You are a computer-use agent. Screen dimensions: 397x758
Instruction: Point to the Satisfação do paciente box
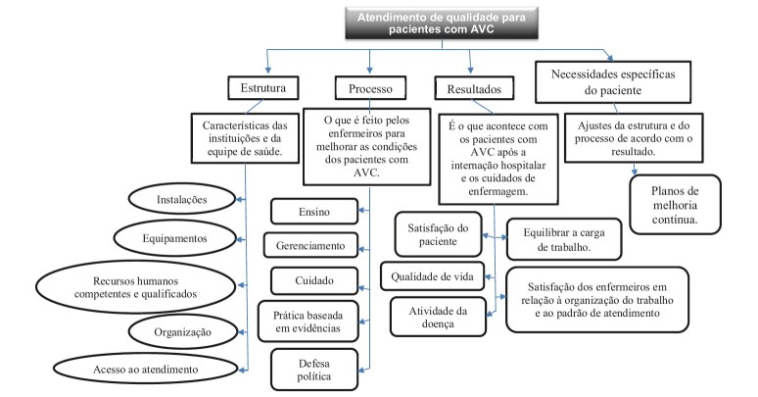(x=439, y=236)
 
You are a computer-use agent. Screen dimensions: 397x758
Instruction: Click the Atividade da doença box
(x=439, y=316)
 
